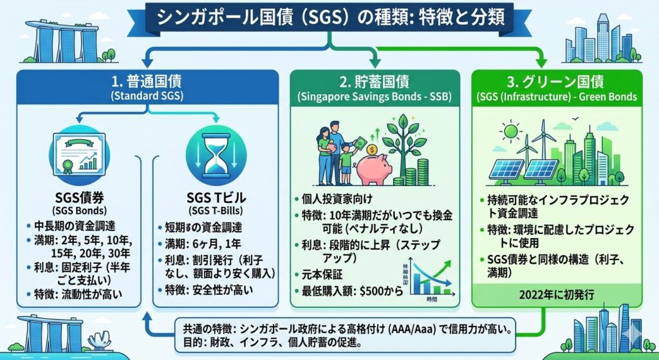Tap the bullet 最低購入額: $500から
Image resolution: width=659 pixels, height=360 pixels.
tap(348, 290)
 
